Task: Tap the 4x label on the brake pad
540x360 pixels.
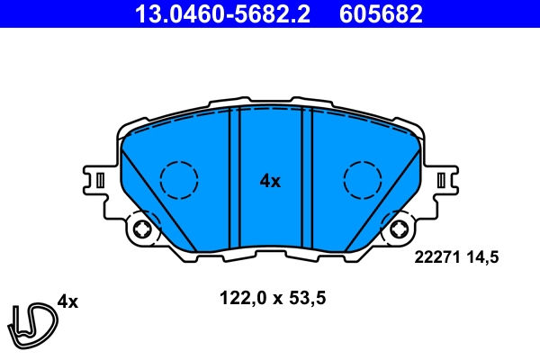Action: coord(270,181)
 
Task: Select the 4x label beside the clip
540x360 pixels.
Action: coord(67,302)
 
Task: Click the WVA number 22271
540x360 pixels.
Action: coord(436,256)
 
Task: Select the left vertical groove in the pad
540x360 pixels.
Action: coord(235,175)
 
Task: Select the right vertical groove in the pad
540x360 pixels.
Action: coord(306,175)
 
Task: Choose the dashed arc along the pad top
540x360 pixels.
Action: coord(270,112)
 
